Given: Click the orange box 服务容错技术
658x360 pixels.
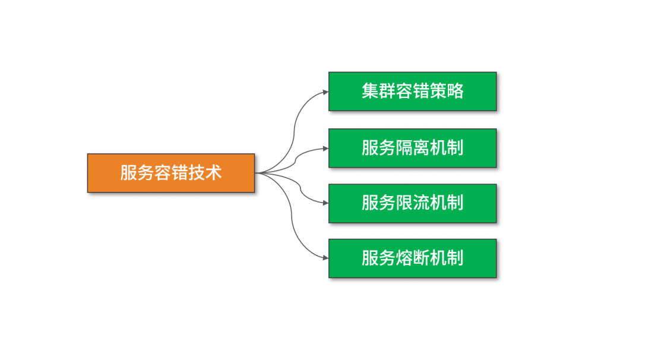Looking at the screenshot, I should point(171,173).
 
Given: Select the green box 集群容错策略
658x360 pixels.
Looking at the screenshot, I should point(412,91).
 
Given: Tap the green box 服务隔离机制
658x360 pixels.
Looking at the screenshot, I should point(412,148).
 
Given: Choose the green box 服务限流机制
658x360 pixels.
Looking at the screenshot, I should point(412,203).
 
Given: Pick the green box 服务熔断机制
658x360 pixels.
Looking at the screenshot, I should point(412,258).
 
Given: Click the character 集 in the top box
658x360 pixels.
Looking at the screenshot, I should point(370,91).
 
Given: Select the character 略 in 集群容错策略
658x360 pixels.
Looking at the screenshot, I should point(455,91).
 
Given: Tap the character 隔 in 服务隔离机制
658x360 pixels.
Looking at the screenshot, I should point(404,148).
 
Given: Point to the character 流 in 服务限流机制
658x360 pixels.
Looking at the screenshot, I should point(421,203).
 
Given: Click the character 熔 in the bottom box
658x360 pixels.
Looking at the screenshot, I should point(404,258).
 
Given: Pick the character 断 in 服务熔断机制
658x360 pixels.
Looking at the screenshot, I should point(421,258).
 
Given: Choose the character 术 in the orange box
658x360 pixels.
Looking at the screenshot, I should point(213,173).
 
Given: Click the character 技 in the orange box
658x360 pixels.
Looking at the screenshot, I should point(197,173).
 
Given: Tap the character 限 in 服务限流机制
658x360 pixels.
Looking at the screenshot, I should point(404,203).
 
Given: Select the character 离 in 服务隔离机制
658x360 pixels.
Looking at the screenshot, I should point(421,148).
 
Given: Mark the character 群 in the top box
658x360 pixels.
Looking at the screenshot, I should point(387,91).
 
